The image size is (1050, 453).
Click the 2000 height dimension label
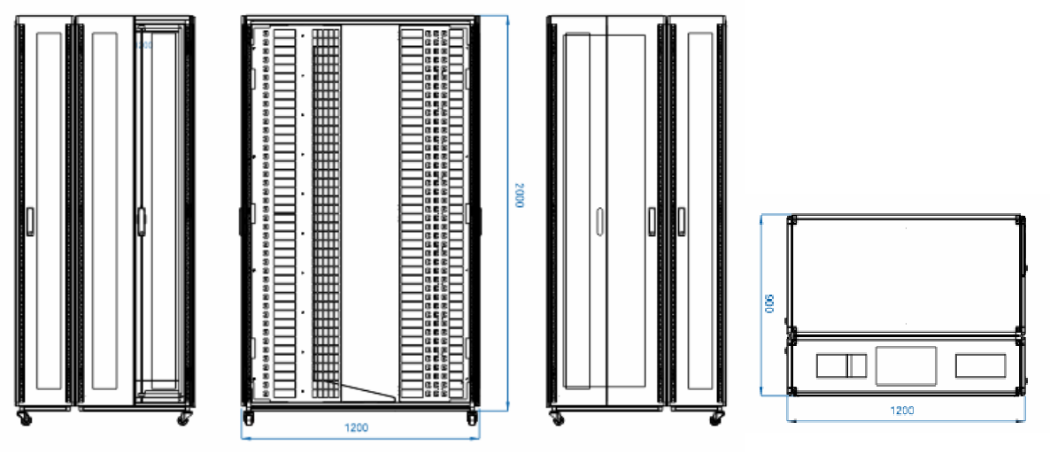(x=520, y=196)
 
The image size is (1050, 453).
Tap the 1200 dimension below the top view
(x=902, y=411)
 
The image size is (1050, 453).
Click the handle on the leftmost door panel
(x=29, y=220)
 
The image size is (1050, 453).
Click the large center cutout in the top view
(x=906, y=365)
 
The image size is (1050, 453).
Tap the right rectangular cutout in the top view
(x=980, y=365)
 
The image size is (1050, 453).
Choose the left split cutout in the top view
(x=841, y=365)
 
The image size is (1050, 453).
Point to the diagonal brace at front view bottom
(x=367, y=389)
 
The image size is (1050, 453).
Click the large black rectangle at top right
(x=896, y=96)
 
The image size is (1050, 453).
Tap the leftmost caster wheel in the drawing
(x=22, y=415)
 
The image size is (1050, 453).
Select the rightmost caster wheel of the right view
(x=715, y=415)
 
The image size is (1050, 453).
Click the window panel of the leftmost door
(x=50, y=212)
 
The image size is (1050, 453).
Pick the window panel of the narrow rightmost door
(x=699, y=212)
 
